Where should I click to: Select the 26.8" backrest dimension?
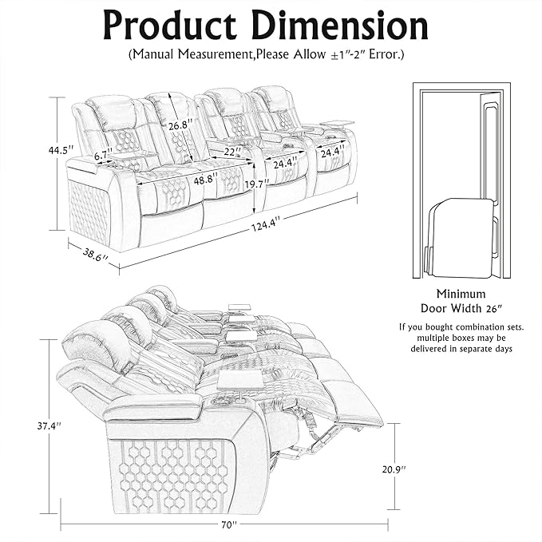(181, 125)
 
